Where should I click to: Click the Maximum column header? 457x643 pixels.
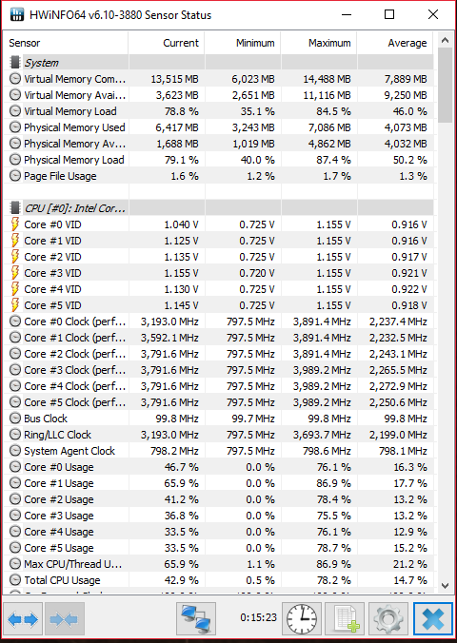(329, 43)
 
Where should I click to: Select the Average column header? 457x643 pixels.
(407, 43)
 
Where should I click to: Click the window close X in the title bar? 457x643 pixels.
(433, 15)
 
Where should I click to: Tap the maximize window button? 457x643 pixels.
(389, 15)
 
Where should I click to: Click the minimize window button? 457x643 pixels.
(347, 15)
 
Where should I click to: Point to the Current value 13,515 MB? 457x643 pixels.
(174, 79)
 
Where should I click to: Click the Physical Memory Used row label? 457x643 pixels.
(74, 127)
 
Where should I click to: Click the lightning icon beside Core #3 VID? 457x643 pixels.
(15, 273)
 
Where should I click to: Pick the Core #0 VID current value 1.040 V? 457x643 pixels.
(181, 224)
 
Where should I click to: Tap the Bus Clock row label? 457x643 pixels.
(46, 419)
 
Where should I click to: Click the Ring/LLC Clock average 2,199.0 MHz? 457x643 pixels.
(398, 435)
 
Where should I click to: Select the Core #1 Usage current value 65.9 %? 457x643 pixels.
(181, 483)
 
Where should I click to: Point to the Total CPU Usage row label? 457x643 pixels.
(62, 580)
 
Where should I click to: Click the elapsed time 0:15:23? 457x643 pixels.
(259, 617)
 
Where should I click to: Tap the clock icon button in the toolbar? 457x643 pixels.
(302, 619)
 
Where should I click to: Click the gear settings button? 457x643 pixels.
(388, 619)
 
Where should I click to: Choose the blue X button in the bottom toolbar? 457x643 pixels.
(433, 619)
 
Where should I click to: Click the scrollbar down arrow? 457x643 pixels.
(445, 586)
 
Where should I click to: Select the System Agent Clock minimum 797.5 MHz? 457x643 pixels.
(250, 451)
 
